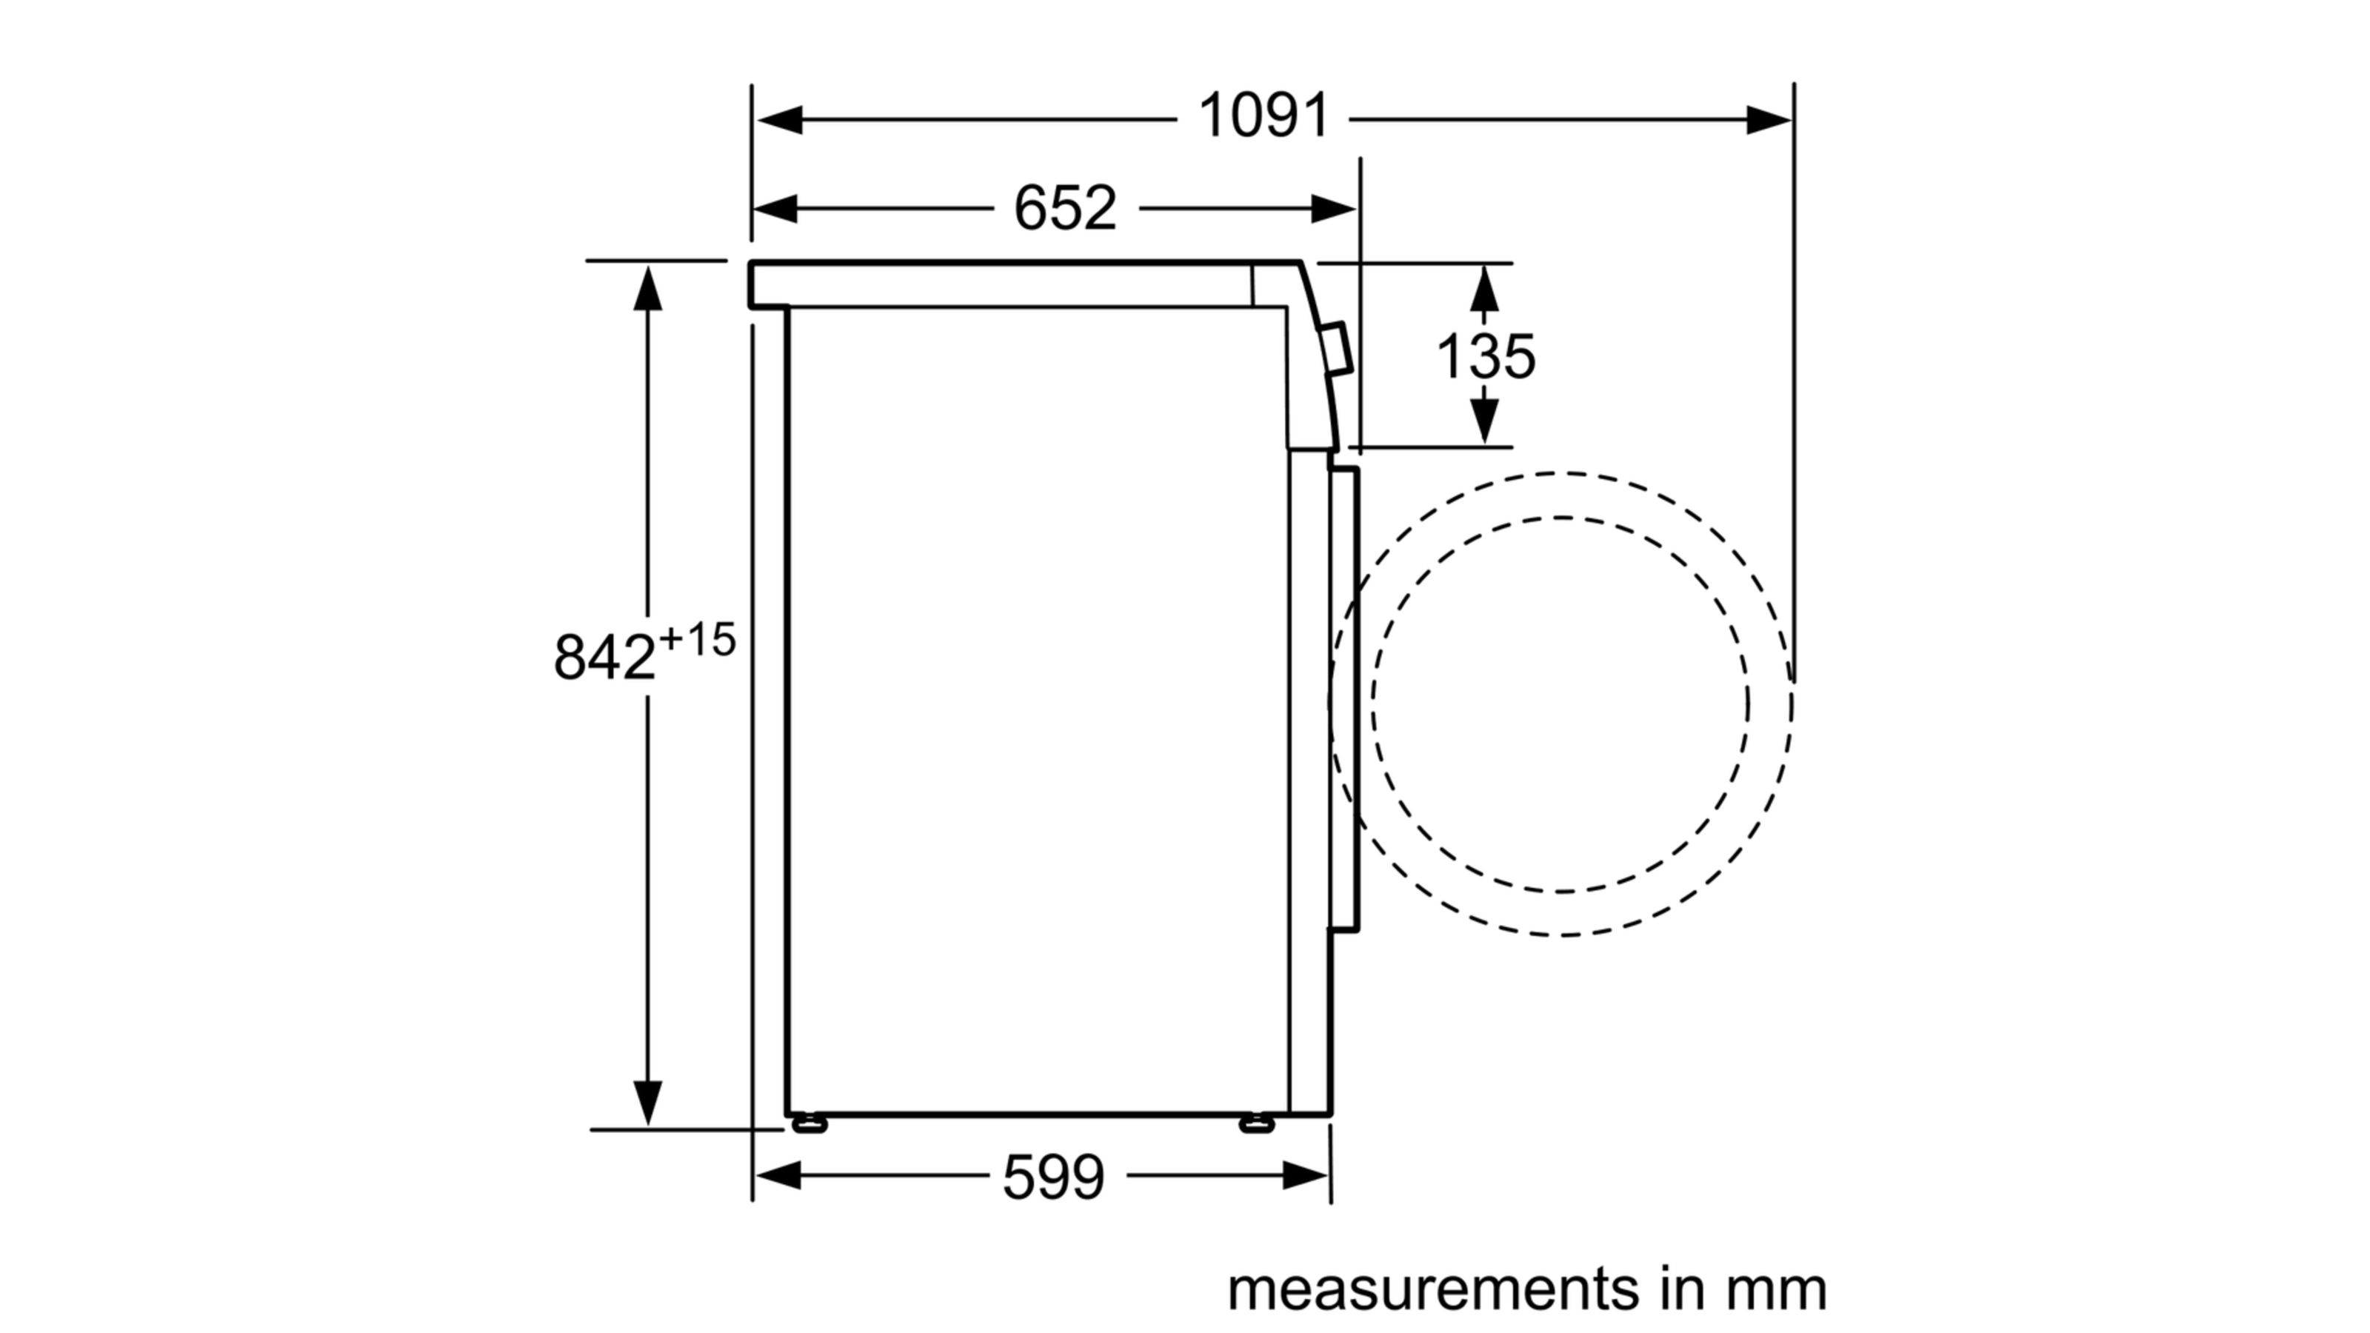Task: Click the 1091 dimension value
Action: tap(1264, 117)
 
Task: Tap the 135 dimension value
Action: tap(1486, 356)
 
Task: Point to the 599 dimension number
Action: tap(1052, 1177)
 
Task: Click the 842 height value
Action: tap(604, 657)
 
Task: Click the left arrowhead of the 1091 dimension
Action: tap(778, 119)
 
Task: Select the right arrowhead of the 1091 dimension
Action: tap(1769, 119)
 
